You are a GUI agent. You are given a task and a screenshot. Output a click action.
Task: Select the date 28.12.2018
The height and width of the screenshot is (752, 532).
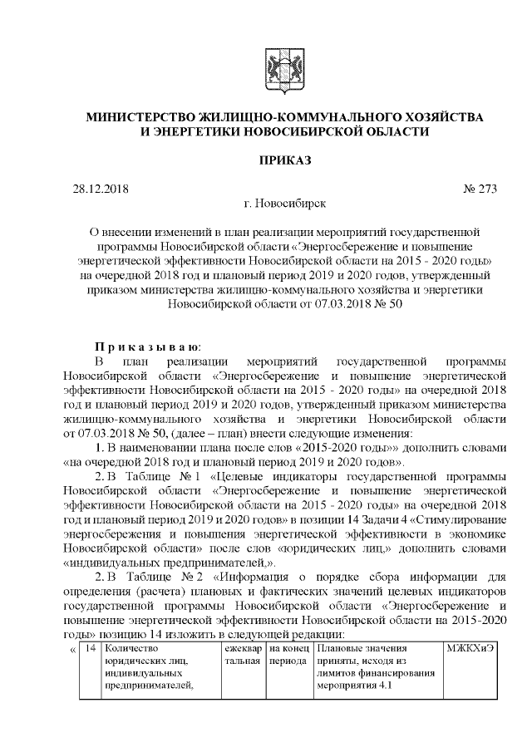pyautogui.click(x=102, y=189)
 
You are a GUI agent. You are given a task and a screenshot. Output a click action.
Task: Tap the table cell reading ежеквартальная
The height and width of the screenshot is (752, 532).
pyautogui.click(x=242, y=655)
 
